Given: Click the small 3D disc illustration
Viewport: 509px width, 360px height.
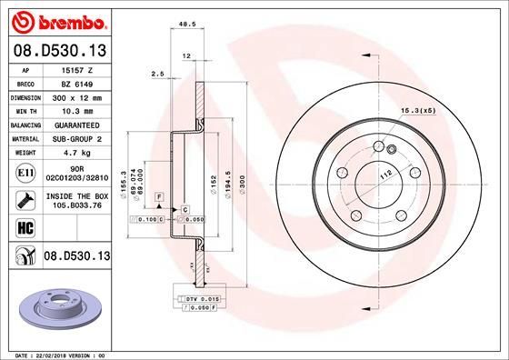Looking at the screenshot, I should [x=56, y=303].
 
